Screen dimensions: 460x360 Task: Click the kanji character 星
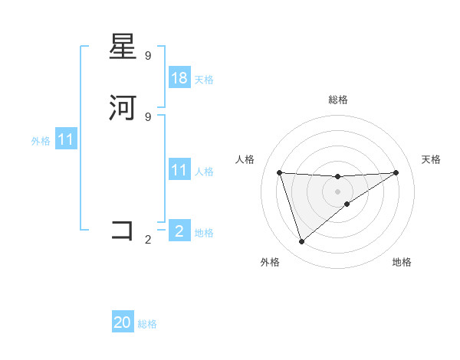[123, 48]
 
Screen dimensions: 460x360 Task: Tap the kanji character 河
[123, 108]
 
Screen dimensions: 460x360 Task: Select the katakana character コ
[123, 231]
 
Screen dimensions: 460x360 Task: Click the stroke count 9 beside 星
[148, 56]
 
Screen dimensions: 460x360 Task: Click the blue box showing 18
[179, 78]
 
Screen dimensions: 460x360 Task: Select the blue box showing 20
[123, 323]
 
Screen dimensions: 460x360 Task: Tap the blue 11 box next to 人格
[179, 170]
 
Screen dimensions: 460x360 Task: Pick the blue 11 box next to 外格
[66, 140]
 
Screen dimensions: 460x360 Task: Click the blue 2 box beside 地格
[179, 231]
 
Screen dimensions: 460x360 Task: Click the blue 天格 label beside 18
[204, 80]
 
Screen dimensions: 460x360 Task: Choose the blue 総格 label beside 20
[147, 324]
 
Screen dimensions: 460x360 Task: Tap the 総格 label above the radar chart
[337, 100]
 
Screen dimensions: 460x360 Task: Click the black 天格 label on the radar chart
[431, 159]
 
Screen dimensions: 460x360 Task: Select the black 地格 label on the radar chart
[402, 262]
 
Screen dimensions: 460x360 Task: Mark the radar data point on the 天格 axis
[396, 172]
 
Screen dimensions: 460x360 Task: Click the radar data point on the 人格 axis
[279, 172]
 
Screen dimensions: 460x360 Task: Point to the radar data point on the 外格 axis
[301, 241]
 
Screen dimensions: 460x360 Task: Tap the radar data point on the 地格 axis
[347, 204]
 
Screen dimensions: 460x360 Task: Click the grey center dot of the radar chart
[337, 191]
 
